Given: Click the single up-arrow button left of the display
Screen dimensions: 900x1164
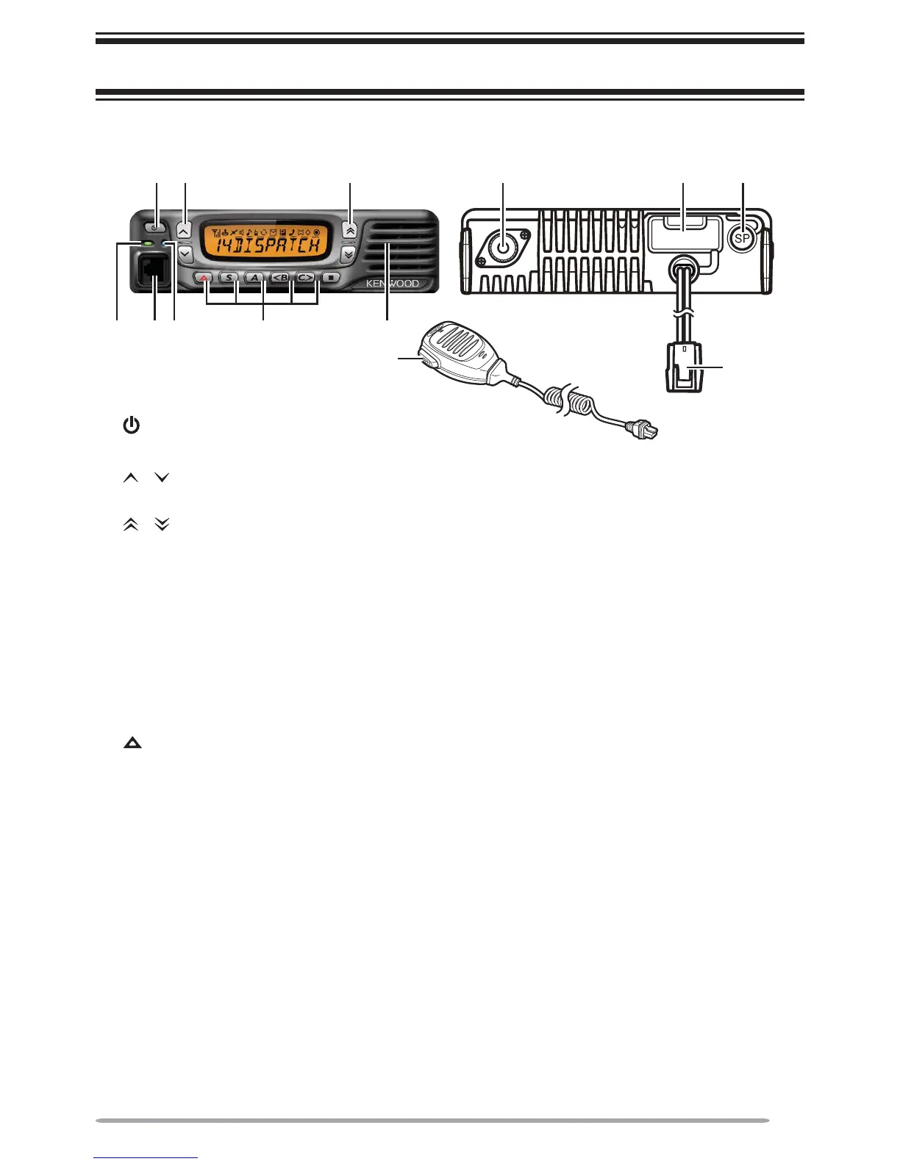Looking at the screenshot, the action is [x=184, y=229].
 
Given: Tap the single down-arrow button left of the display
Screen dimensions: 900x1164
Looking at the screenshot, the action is [x=184, y=254].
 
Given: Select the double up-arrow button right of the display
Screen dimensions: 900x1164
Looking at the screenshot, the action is [x=349, y=229].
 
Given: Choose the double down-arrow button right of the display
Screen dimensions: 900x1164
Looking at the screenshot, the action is [x=349, y=253].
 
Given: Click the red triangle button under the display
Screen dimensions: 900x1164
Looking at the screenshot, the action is [x=205, y=279].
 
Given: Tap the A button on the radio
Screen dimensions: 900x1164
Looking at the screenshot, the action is [x=254, y=279].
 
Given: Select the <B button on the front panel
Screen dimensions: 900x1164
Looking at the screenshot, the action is [x=280, y=279].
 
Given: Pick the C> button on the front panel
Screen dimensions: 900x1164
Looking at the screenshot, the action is [x=306, y=279].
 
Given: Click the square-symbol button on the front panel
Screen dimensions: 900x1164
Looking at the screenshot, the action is [x=331, y=279].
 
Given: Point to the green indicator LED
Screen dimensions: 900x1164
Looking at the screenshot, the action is [x=149, y=243].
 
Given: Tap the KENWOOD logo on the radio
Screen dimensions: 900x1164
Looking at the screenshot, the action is [x=393, y=284].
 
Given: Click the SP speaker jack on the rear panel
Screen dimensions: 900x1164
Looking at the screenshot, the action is [x=743, y=237].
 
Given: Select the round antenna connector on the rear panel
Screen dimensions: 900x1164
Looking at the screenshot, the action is [x=502, y=248].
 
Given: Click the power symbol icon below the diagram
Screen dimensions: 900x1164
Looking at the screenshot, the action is [x=131, y=425].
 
